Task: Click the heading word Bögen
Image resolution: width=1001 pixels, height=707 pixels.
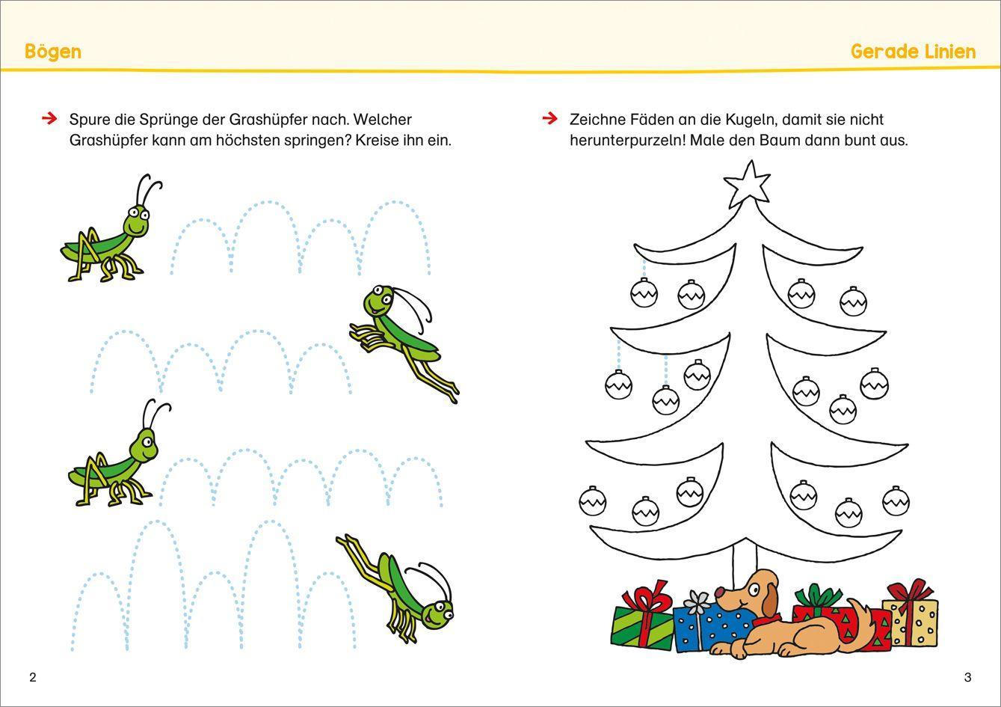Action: (52, 52)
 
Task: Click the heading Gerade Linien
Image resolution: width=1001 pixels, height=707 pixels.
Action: (913, 52)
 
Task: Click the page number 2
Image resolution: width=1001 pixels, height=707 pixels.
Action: (32, 677)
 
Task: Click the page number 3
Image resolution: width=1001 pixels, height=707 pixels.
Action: (967, 677)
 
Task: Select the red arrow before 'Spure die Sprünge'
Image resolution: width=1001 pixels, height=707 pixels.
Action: (49, 118)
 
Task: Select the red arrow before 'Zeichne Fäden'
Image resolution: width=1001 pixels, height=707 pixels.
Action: (549, 118)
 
